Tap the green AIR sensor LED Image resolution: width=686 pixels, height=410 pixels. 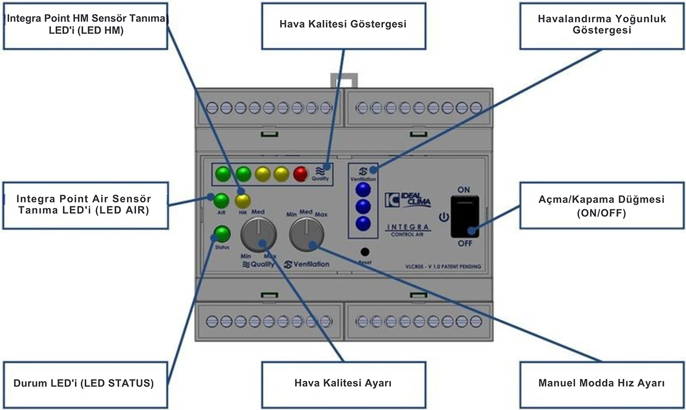[221, 201]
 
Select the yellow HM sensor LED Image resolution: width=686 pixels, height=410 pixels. [242, 201]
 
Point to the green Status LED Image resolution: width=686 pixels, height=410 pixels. [221, 233]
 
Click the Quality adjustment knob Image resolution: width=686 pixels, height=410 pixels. [258, 234]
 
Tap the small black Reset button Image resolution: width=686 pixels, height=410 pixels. [364, 252]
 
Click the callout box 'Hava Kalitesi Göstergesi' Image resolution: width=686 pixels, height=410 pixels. [342, 25]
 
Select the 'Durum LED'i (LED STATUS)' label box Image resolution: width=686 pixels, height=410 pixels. [83, 383]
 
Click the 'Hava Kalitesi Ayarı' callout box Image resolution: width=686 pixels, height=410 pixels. [342, 383]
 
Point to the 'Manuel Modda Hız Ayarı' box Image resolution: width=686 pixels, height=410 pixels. [601, 383]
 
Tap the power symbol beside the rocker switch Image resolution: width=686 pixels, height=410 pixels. [442, 217]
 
